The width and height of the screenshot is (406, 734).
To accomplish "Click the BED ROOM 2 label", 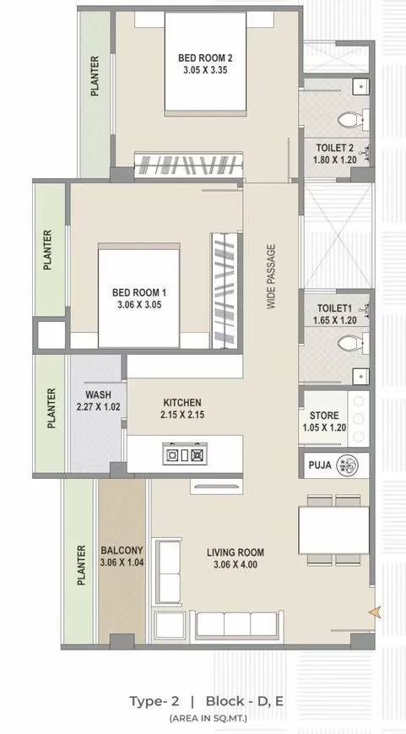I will tap(205, 57).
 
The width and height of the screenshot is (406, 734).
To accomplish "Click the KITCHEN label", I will tap(182, 403).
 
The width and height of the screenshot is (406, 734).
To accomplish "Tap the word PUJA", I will tap(319, 465).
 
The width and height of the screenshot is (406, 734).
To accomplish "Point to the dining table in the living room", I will tap(333, 529).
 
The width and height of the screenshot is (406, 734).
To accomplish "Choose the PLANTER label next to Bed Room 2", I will tap(95, 77).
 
